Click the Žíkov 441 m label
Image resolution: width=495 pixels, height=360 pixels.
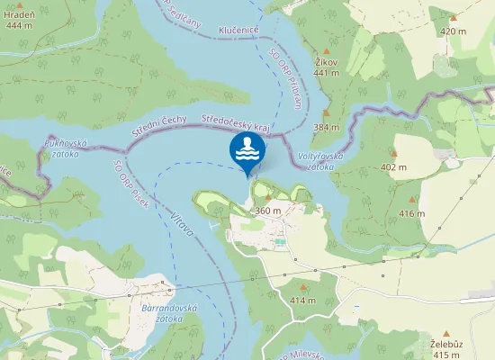[x=326, y=67]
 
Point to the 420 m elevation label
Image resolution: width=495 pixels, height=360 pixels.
[x=454, y=31]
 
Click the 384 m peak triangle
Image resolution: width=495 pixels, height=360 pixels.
[x=327, y=114]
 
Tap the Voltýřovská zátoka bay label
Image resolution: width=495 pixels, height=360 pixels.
[x=320, y=161]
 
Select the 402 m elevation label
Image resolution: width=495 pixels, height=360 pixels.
[x=393, y=167]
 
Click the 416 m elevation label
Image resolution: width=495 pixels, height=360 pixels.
[x=411, y=213]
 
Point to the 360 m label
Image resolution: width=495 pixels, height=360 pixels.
[x=268, y=210]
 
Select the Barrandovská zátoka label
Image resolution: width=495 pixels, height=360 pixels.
[x=169, y=312]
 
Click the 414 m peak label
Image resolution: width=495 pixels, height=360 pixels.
[x=302, y=300]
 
